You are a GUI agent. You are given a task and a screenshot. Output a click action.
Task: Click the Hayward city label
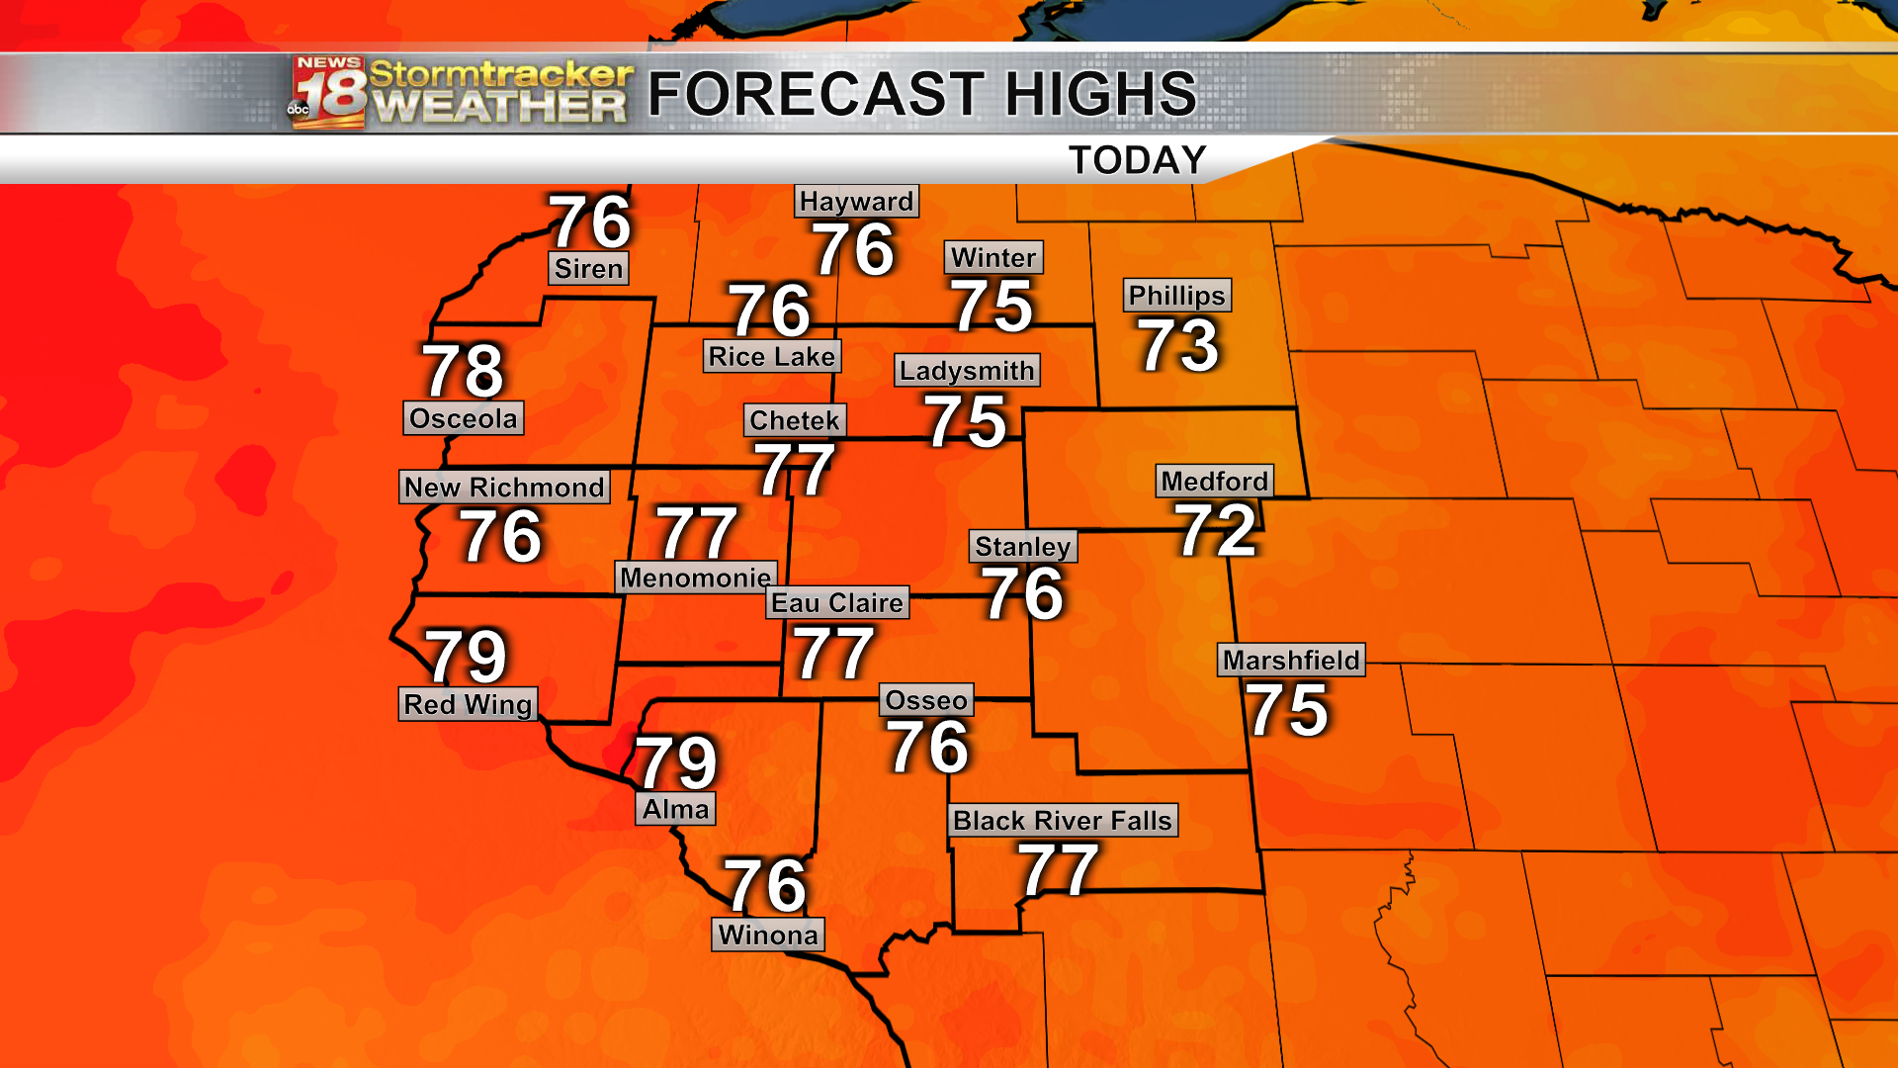click(x=856, y=202)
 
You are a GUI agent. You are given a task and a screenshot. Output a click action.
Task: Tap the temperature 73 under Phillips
click(x=1179, y=345)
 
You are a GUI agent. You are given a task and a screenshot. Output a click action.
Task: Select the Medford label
click(x=1215, y=482)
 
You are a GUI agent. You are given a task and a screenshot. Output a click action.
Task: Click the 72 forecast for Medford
click(x=1216, y=530)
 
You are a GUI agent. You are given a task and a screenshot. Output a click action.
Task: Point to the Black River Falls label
click(x=1063, y=821)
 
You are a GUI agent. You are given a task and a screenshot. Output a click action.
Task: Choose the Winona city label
click(x=768, y=935)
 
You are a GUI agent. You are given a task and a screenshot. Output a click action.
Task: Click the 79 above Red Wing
click(x=466, y=657)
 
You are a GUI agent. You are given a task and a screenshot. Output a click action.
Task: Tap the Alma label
click(x=675, y=810)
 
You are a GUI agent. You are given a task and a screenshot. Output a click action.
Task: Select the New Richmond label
click(x=504, y=488)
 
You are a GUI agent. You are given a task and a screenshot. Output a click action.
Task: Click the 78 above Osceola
click(x=464, y=371)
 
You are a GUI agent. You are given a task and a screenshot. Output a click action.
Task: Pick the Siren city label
click(x=588, y=269)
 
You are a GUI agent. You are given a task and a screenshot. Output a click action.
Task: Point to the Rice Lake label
click(x=772, y=357)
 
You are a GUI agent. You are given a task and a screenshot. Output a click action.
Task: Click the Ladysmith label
click(x=967, y=371)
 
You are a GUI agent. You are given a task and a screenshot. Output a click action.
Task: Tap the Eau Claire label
click(x=837, y=603)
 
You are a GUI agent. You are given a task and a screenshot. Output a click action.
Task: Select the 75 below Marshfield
click(x=1287, y=710)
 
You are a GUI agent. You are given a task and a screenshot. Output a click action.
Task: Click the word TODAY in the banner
click(x=1138, y=160)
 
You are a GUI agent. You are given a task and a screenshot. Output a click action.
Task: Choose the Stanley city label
click(x=1023, y=547)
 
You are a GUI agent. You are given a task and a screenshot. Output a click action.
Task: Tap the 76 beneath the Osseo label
click(x=928, y=747)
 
